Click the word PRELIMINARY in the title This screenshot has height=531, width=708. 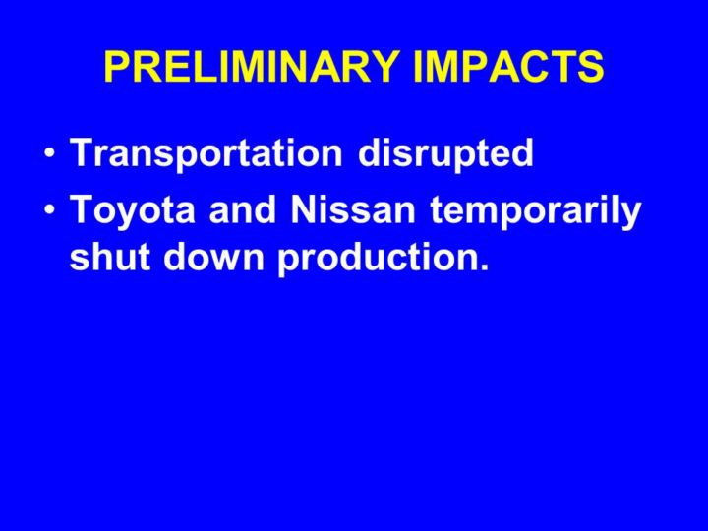click(252, 66)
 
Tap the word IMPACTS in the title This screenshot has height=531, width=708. click(508, 66)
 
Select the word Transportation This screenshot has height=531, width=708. click(206, 152)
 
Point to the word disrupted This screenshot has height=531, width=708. click(445, 152)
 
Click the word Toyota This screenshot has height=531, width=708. click(133, 210)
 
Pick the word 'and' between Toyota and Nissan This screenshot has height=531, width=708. click(243, 209)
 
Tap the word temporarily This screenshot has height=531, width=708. click(535, 211)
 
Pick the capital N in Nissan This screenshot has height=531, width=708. click(306, 209)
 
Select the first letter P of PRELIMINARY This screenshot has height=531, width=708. click(117, 66)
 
